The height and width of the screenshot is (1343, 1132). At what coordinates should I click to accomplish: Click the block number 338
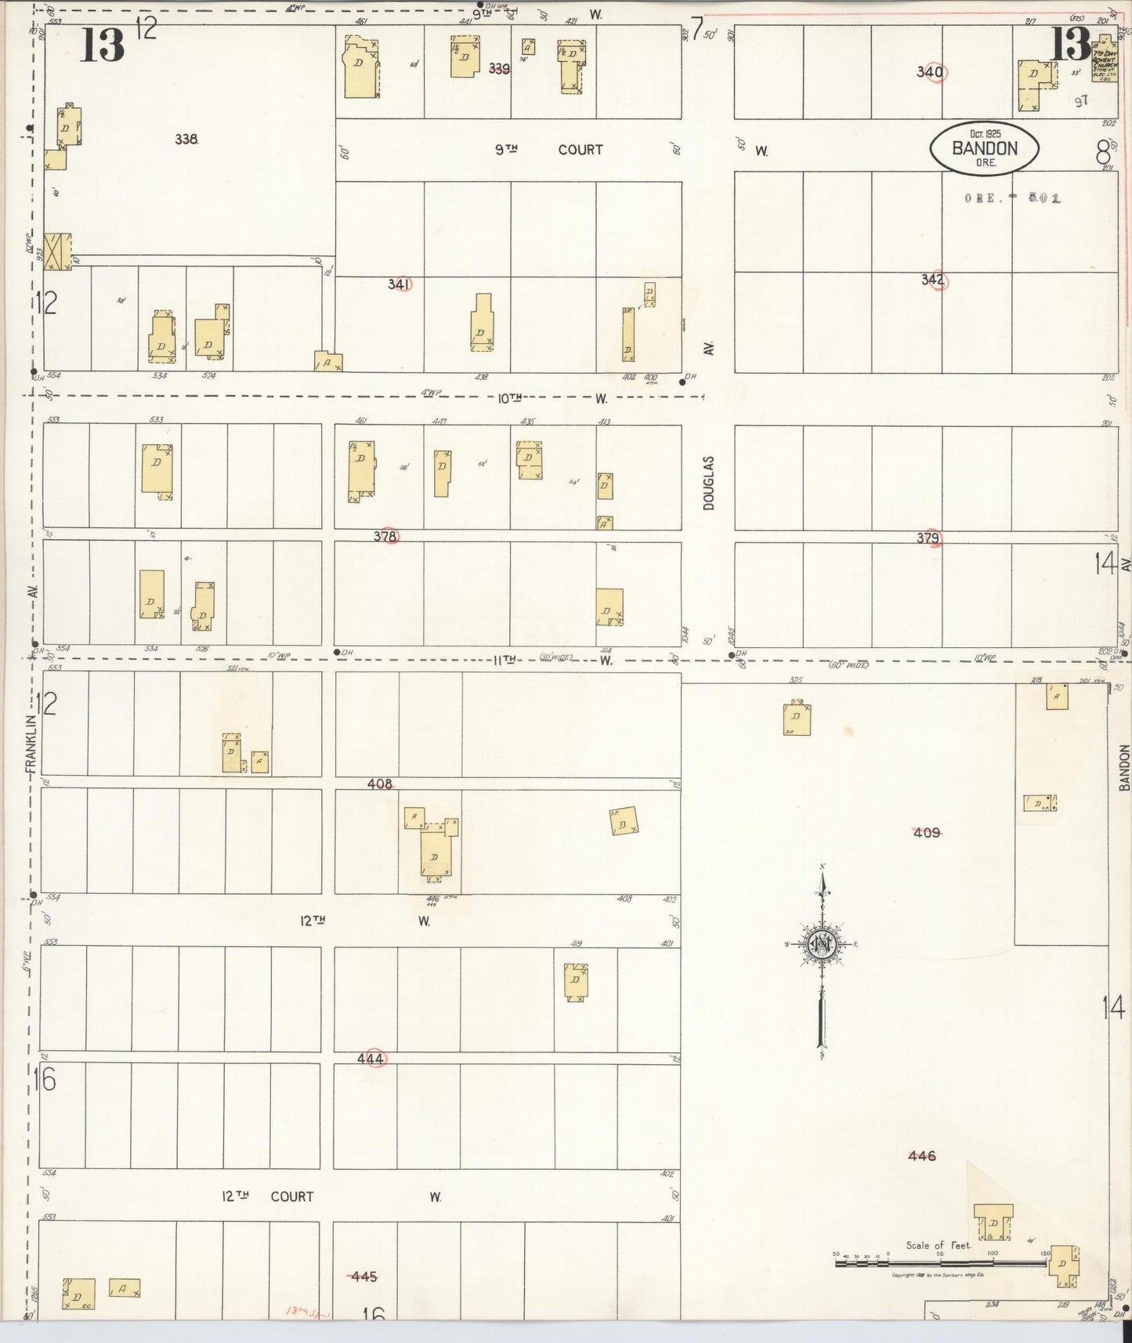(186, 139)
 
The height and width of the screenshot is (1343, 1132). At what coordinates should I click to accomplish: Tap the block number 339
(499, 68)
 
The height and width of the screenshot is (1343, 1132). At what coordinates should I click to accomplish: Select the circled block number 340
(931, 72)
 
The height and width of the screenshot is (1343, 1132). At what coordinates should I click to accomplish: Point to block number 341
(400, 284)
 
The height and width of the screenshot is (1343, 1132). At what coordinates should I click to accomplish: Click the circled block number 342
(933, 280)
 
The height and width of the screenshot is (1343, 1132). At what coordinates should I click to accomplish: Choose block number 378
(385, 537)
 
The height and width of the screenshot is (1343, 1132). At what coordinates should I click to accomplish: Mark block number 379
(929, 538)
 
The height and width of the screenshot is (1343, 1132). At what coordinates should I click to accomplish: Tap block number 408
(380, 784)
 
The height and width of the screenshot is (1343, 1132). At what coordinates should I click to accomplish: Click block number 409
(927, 832)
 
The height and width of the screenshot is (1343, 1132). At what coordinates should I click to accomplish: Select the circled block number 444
(371, 1059)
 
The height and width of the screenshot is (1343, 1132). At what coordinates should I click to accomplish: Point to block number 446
(922, 1156)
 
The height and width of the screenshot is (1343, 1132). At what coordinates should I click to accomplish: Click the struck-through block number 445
(363, 1276)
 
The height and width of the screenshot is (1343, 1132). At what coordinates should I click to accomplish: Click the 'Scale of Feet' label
(939, 1245)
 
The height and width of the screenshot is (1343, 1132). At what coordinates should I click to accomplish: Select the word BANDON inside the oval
(985, 148)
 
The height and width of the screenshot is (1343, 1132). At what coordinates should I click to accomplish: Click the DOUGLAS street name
(709, 483)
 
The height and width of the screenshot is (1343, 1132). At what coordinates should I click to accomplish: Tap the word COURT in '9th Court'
(580, 150)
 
